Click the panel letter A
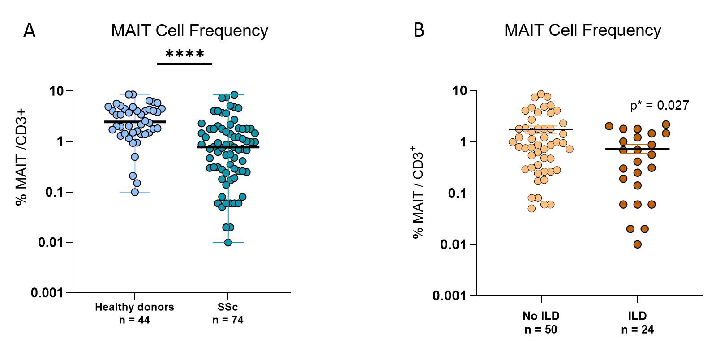tap(29, 31)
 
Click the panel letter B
tap(419, 30)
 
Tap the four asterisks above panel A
tap(185, 55)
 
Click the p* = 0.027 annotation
tap(659, 106)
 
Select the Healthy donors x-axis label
tap(134, 307)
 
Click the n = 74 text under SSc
tap(228, 320)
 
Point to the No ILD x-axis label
tap(541, 316)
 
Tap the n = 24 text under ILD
tap(637, 330)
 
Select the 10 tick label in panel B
tap(459, 91)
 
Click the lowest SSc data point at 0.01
tap(228, 242)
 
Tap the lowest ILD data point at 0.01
tap(637, 244)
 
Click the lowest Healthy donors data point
tap(134, 192)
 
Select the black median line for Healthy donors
tap(134, 122)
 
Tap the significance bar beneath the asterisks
tap(184, 64)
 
